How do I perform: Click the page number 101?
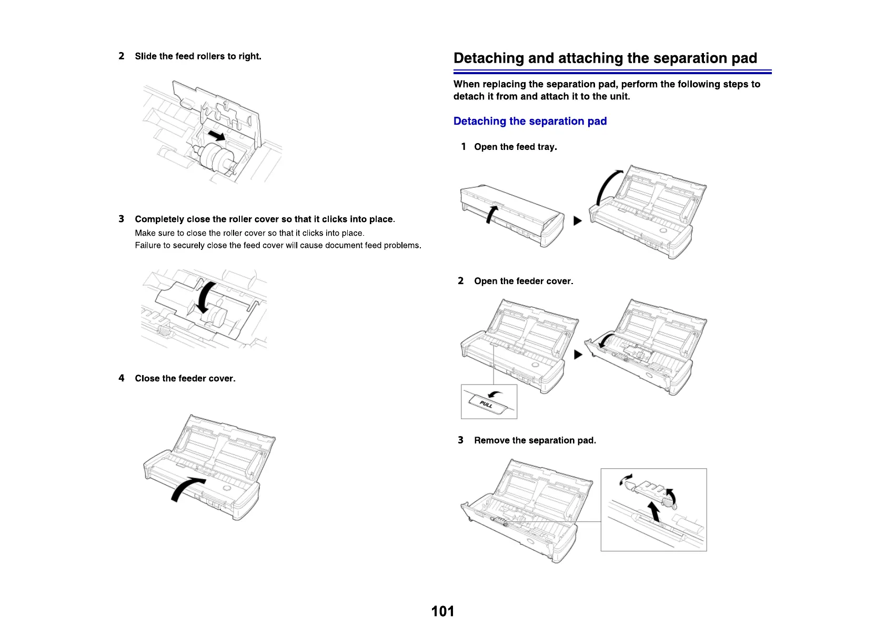point(442,611)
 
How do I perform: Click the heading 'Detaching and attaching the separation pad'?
point(605,58)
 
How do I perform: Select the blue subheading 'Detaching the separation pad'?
point(530,121)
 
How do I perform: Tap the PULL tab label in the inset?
point(486,404)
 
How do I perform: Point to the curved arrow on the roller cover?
point(206,297)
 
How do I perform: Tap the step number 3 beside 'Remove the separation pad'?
point(460,440)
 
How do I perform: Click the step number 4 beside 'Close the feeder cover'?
point(122,378)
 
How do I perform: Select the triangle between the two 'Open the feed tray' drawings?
point(577,221)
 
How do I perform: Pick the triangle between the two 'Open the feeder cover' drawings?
point(578,355)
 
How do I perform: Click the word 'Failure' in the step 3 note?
point(147,245)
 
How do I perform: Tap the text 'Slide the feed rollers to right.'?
point(198,56)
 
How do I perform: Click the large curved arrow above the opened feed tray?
point(607,187)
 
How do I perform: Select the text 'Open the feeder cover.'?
point(523,281)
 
